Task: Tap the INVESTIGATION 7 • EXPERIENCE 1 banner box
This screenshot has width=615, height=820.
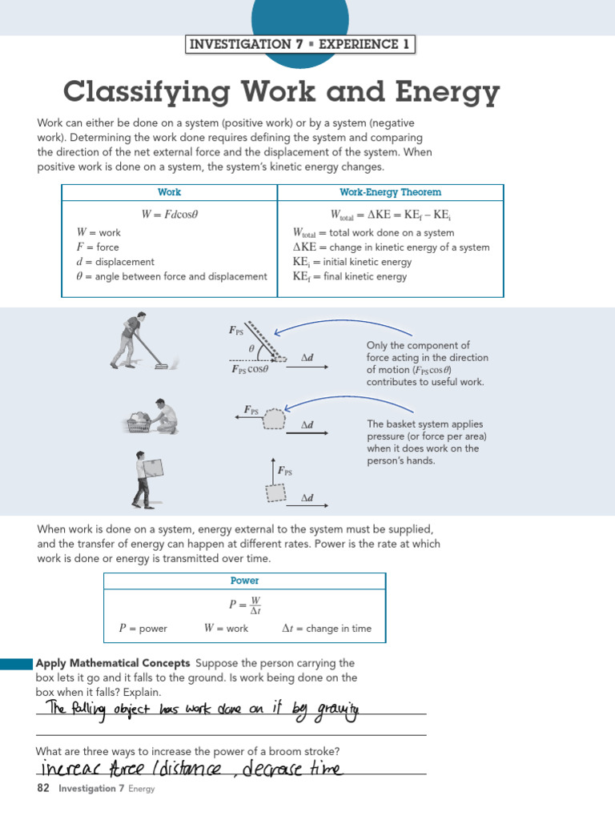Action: [x=299, y=44]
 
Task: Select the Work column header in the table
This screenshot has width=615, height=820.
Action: [x=169, y=192]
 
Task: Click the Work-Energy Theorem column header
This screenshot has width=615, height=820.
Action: [x=390, y=192]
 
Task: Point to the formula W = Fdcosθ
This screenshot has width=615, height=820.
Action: [x=169, y=214]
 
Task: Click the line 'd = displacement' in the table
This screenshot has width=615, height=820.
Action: [x=115, y=262]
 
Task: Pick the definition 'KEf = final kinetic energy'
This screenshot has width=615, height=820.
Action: [x=350, y=277]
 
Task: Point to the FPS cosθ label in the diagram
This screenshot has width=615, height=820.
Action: [x=249, y=369]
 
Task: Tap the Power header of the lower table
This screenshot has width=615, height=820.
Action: [x=244, y=581]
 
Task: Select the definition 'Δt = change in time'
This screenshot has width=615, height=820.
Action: [x=327, y=629]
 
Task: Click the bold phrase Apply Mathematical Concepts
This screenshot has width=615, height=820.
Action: [x=113, y=663]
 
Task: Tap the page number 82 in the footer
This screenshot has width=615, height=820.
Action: [x=43, y=789]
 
